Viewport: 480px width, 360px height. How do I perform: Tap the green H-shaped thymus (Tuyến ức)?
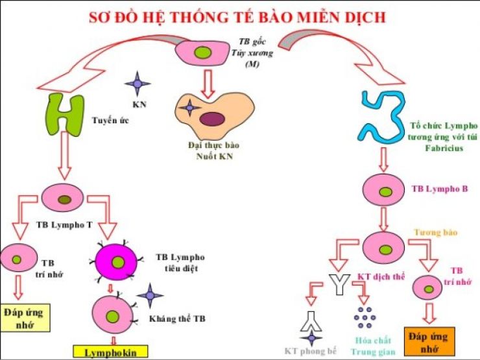click(66, 115)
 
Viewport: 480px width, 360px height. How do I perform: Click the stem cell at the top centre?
click(204, 51)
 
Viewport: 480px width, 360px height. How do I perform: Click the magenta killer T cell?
click(117, 261)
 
